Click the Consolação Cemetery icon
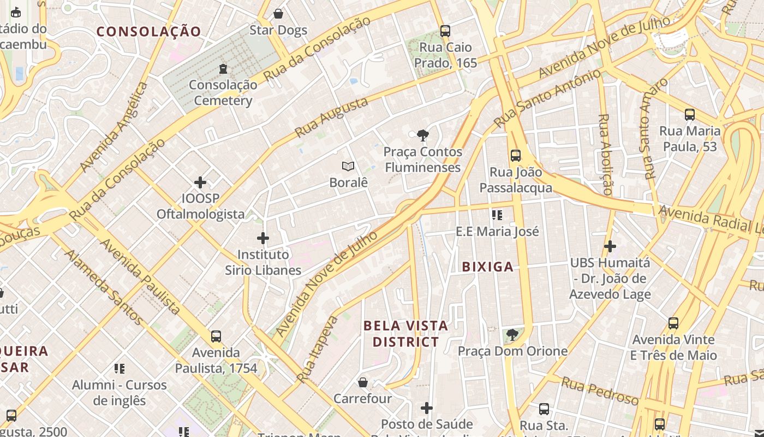(223, 69)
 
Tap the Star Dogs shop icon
(278, 14)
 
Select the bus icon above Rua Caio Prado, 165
(445, 31)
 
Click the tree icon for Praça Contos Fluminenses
(422, 135)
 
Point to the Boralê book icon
(348, 166)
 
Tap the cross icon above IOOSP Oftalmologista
(200, 182)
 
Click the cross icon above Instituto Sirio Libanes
(263, 238)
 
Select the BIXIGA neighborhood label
(487, 267)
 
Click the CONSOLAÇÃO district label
(149, 32)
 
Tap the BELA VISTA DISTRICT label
(405, 334)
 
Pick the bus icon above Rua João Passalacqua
(516, 156)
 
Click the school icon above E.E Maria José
(497, 215)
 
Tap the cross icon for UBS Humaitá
(610, 246)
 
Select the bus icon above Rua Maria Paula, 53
(690, 115)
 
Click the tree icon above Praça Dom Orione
(512, 334)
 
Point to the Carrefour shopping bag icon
(363, 382)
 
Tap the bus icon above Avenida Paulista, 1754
(216, 336)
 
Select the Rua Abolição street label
(605, 154)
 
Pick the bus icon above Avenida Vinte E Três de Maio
(673, 323)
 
